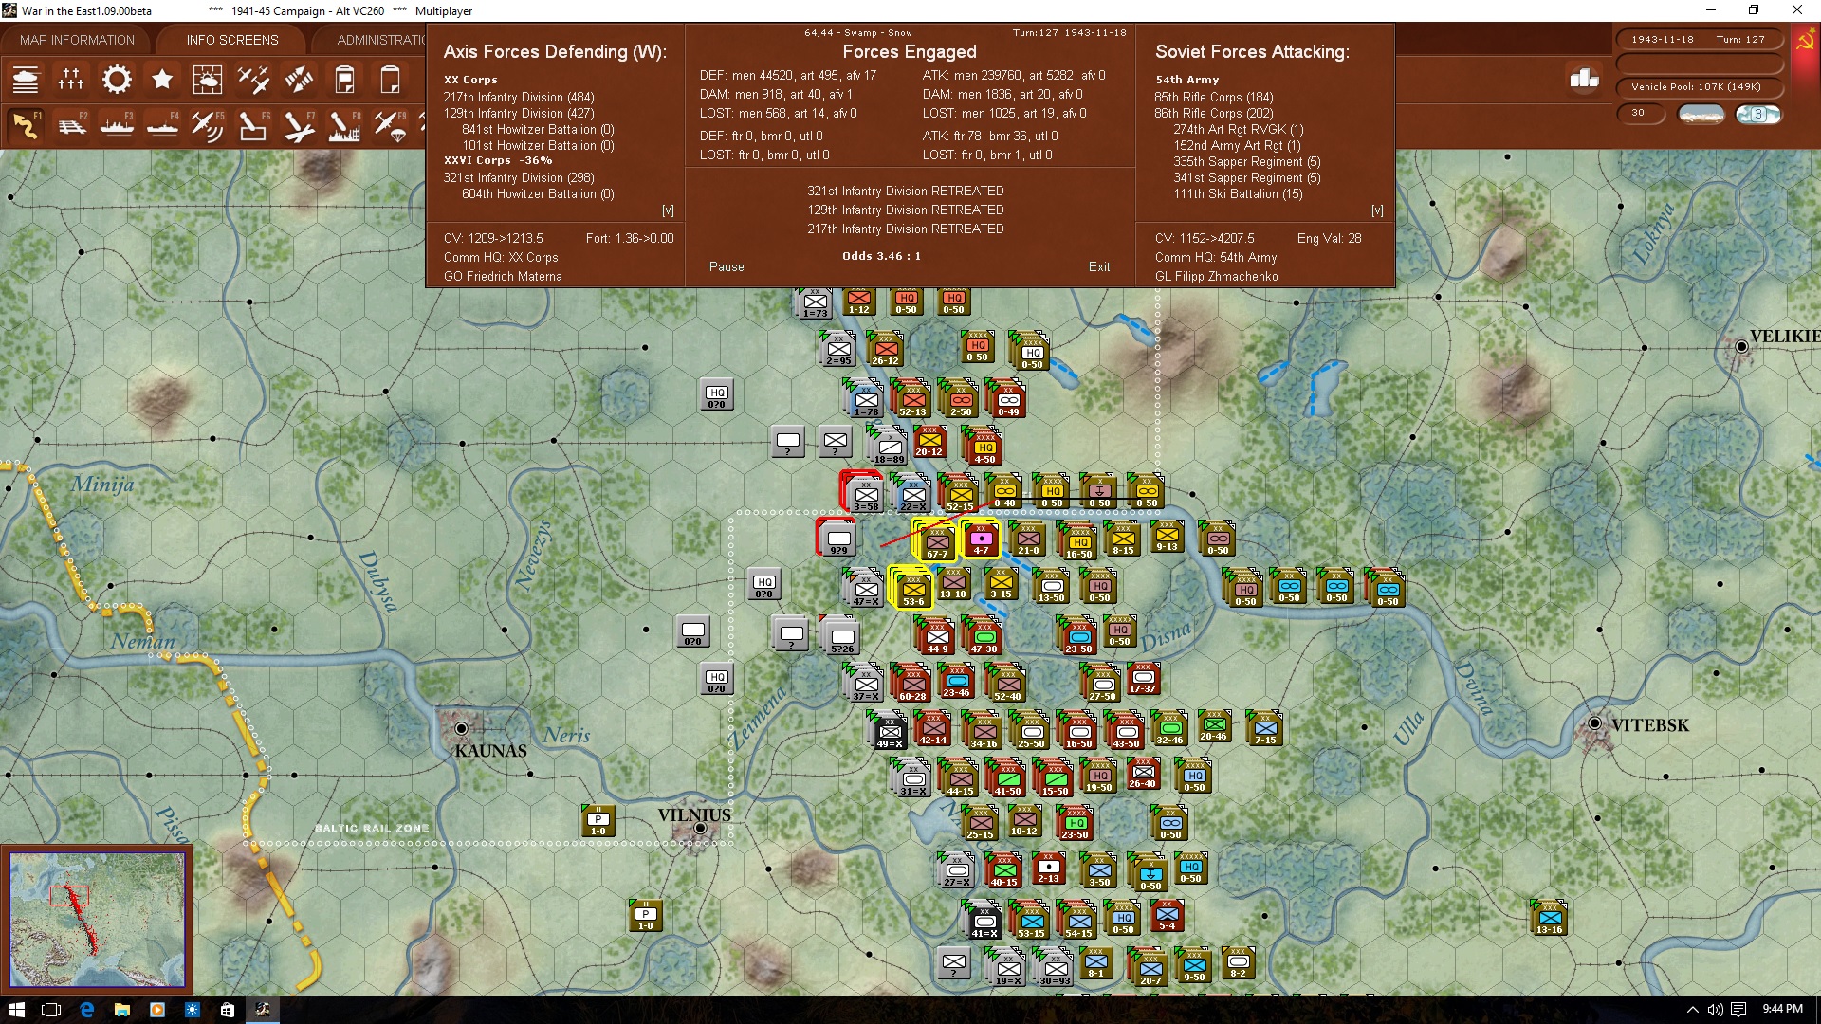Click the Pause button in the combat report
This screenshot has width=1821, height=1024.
coord(727,267)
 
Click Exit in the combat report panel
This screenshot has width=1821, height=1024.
coord(1099,267)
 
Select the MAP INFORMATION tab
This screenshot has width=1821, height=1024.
coord(77,40)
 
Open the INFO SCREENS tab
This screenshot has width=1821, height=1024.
coord(232,40)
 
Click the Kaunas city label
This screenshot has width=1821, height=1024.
coord(490,751)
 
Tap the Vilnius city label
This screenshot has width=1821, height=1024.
coord(694,815)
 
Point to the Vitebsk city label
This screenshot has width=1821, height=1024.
coord(1650,725)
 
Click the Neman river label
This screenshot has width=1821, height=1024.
coord(143,642)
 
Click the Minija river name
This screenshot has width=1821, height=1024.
coord(103,485)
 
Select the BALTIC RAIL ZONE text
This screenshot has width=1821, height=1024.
coord(372,829)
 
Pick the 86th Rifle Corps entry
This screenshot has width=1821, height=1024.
coord(1213,114)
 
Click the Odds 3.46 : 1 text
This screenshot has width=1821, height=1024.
coord(881,256)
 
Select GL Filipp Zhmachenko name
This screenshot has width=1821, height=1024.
coord(1216,277)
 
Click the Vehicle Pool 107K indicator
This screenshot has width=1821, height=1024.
coord(1696,87)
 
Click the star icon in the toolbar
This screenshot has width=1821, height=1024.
coord(162,80)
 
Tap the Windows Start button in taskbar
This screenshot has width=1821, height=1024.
coord(16,1010)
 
